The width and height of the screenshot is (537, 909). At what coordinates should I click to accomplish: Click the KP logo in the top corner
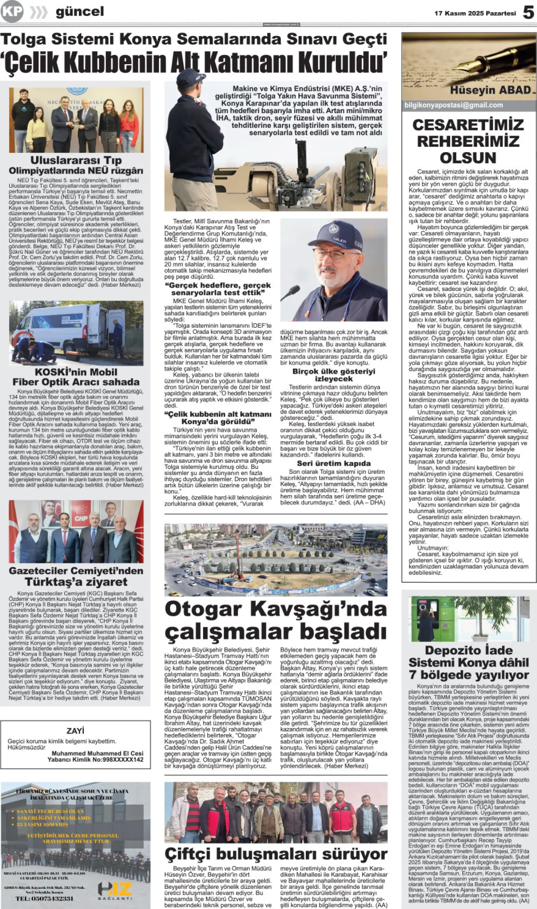point(12,11)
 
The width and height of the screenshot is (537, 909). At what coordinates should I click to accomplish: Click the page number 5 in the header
point(528,13)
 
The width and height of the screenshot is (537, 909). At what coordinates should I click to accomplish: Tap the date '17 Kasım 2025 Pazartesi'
point(475,13)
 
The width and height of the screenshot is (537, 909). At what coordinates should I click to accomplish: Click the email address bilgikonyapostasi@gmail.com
point(454,105)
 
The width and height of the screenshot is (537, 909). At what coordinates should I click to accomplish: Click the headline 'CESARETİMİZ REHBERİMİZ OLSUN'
point(468,141)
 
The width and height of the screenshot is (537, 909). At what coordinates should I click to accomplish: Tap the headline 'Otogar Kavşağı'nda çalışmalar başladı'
point(275,621)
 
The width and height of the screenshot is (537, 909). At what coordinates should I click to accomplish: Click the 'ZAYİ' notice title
point(76,731)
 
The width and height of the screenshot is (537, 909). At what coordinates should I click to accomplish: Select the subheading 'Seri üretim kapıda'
point(334,463)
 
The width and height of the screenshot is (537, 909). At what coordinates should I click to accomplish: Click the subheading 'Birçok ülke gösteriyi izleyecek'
point(334,375)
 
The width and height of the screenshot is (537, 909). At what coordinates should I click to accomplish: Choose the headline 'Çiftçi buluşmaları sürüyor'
point(276,854)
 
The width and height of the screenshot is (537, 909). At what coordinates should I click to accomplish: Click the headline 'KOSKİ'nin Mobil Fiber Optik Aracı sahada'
point(76,377)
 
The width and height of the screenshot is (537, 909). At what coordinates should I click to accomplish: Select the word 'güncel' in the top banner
point(80,12)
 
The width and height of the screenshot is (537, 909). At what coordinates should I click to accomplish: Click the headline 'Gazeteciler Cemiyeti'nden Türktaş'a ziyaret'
point(76,576)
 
